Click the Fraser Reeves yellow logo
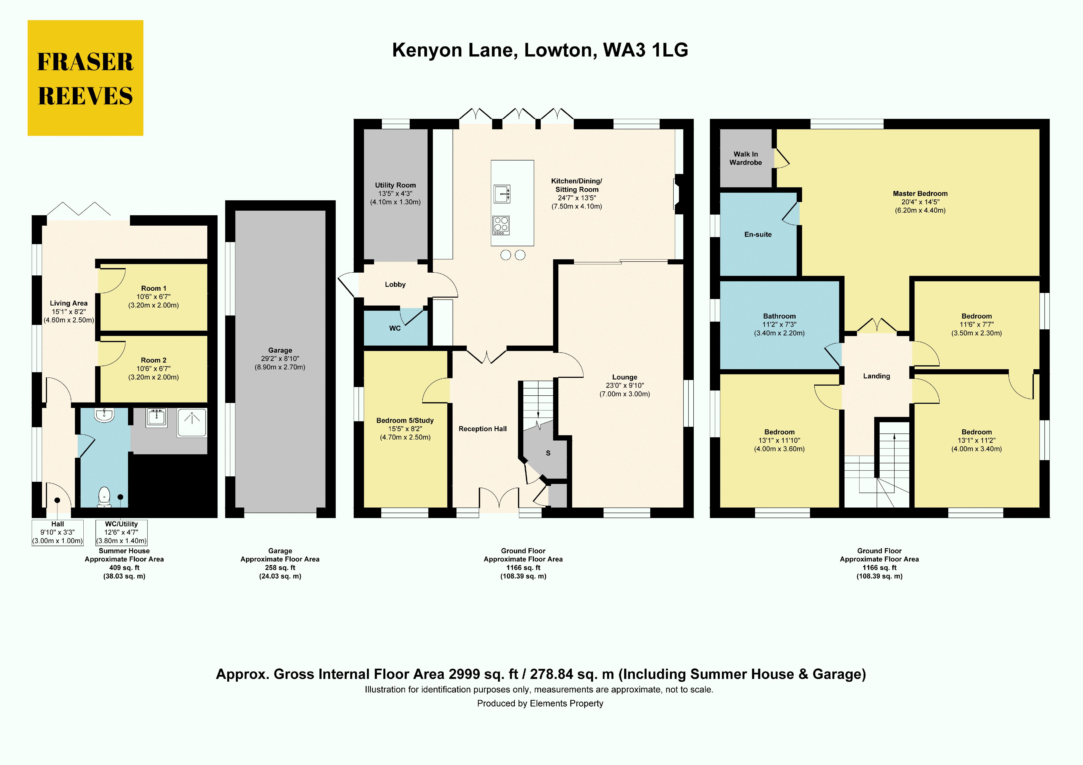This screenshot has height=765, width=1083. [85, 78]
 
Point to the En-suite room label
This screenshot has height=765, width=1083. [758, 235]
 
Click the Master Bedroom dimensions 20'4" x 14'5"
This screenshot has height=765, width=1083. [920, 202]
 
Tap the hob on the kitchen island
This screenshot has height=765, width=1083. [501, 225]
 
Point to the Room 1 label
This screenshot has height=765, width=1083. [154, 288]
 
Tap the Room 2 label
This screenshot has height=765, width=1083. [154, 360]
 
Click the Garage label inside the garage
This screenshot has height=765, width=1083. [280, 350]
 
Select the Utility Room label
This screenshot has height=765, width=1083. [395, 185]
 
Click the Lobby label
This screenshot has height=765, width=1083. [395, 284]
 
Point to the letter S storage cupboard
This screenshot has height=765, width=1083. [548, 453]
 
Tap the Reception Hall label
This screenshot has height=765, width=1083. [483, 429]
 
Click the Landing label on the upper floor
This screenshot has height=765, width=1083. [876, 376]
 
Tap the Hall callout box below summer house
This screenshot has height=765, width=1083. [58, 532]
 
